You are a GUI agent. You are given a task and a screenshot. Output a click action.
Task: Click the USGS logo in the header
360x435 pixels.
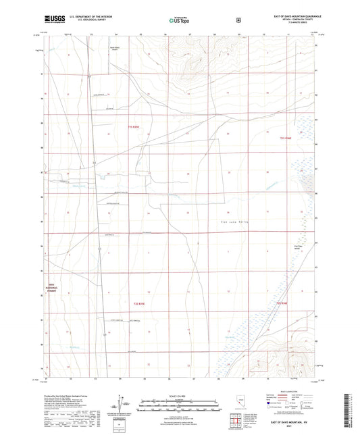point(54,19)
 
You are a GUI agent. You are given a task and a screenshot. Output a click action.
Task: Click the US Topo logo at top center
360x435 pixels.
point(178,20)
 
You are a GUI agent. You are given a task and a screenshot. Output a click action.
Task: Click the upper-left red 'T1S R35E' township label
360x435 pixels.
point(133,126)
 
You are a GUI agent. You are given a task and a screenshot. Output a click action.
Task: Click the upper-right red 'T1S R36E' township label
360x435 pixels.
point(285,138)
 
